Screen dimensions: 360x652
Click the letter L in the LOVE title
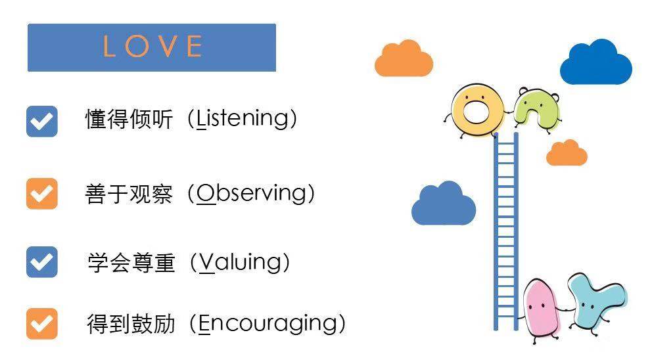click(110, 47)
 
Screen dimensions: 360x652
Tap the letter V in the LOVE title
click(167, 47)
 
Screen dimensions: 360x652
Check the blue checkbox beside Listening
click(42, 121)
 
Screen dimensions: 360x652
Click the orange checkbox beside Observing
click(42, 194)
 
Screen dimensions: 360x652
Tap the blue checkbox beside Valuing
click(42, 261)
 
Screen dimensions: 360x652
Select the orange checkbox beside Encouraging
click(42, 324)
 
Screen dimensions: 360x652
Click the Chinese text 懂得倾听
click(129, 120)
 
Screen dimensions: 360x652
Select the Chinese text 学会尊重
click(131, 263)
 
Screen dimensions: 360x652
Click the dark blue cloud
click(595, 64)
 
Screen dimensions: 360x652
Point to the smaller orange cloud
click(566, 154)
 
